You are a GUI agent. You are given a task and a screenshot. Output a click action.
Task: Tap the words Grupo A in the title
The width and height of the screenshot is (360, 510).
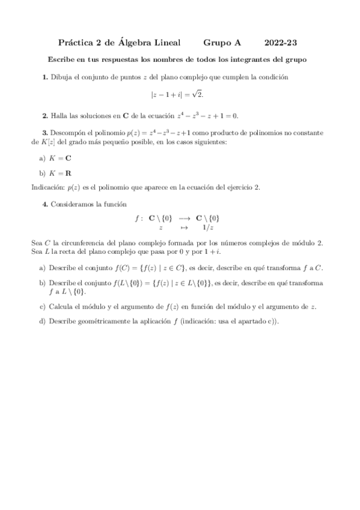(x=222, y=43)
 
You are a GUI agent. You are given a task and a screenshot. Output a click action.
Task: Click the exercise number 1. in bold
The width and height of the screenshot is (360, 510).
(x=45, y=77)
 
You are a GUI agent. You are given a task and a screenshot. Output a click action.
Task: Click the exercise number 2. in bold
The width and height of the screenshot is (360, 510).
(x=45, y=115)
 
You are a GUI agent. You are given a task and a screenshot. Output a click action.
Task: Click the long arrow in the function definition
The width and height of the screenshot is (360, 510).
(x=184, y=218)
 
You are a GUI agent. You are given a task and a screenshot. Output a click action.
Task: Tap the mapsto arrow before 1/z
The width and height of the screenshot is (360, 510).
(x=184, y=228)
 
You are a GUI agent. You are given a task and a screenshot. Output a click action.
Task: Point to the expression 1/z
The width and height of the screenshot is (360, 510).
(x=208, y=228)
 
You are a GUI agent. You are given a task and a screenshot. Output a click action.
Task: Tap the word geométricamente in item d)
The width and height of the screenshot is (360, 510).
(x=102, y=321)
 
